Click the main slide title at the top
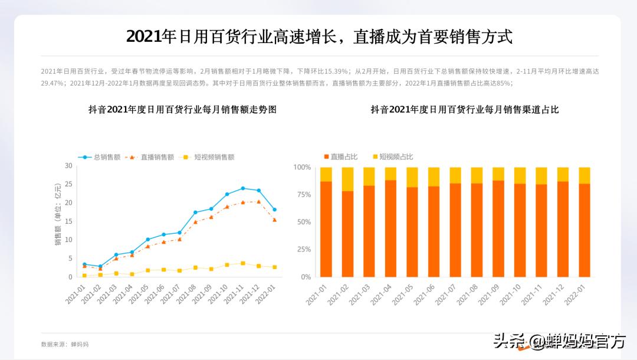tap(319, 37)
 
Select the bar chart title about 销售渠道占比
tap(464, 109)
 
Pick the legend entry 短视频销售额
tap(209, 157)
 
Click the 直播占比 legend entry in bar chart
tap(341, 156)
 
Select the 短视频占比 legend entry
tap(393, 156)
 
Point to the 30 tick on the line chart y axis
tap(68, 166)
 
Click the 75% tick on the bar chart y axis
tap(302, 195)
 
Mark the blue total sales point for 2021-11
tap(242, 188)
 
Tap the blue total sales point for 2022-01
tap(274, 210)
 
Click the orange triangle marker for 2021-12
tap(258, 202)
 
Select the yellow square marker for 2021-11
tap(242, 263)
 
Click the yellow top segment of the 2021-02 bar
tap(347, 179)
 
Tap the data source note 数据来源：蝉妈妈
tap(65, 344)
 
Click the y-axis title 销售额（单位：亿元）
tap(58, 221)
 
